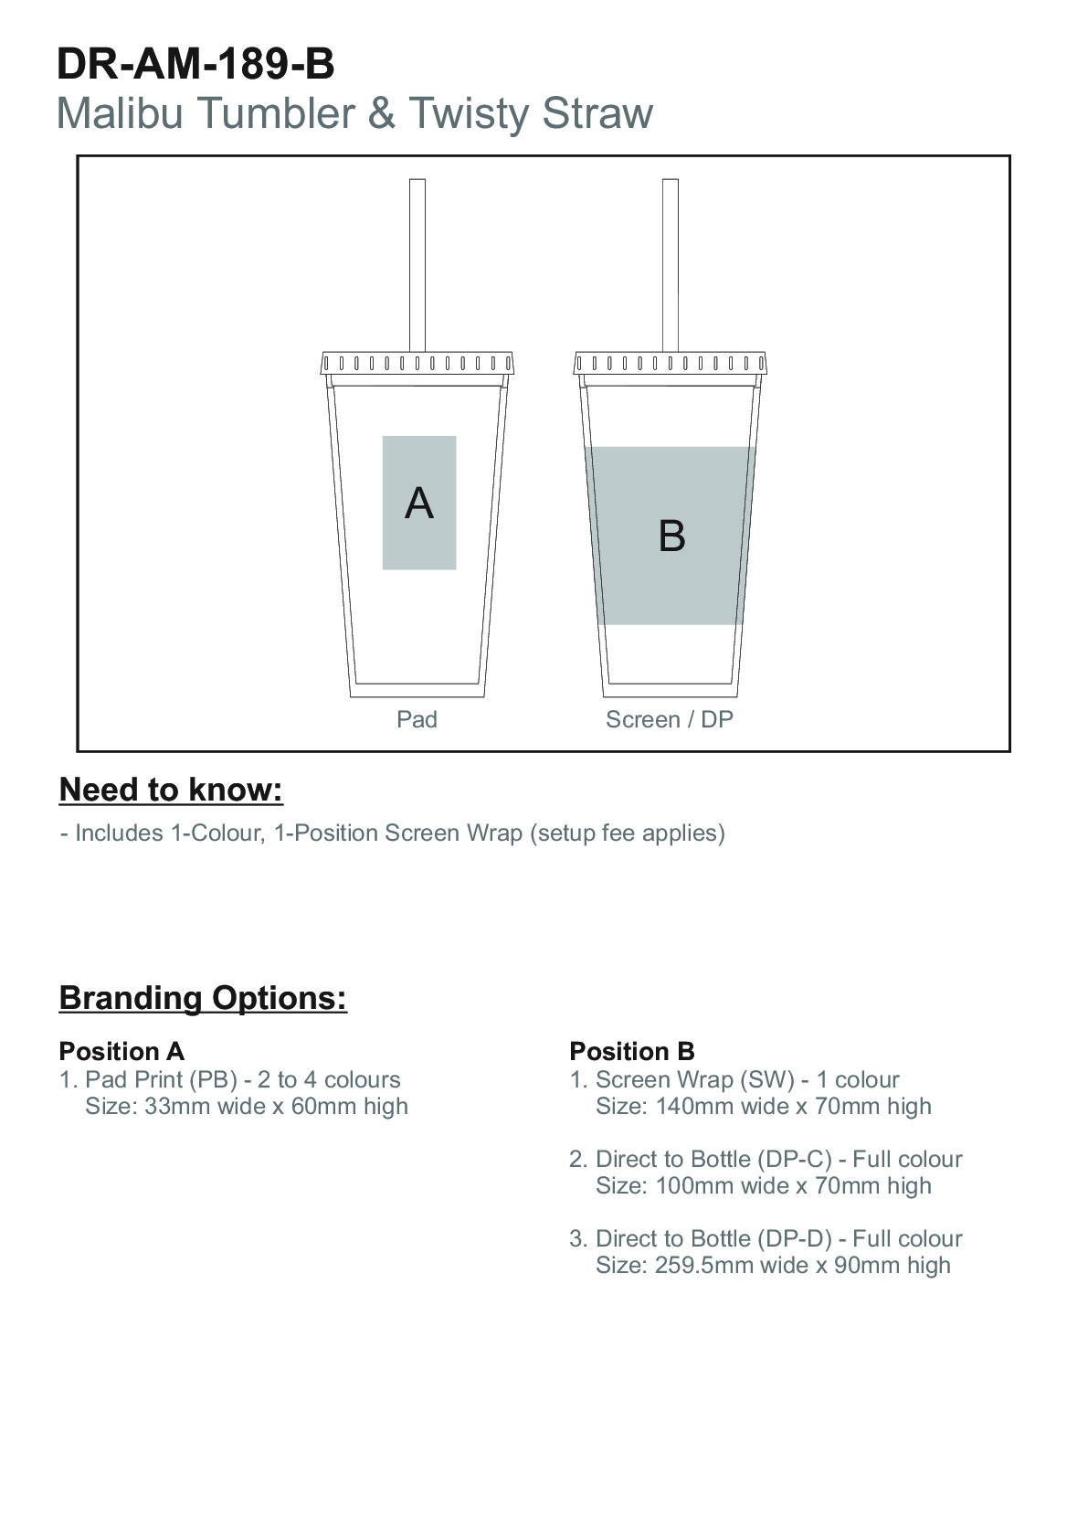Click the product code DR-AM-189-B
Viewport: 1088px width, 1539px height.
pyautogui.click(x=195, y=64)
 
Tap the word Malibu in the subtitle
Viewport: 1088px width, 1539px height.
pyautogui.click(x=121, y=112)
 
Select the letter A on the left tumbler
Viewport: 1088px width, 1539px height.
pyautogui.click(x=419, y=503)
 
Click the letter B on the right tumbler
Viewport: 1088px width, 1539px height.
pyautogui.click(x=671, y=536)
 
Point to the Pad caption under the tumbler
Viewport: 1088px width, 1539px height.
pyautogui.click(x=417, y=718)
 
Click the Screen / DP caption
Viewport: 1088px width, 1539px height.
pyautogui.click(x=670, y=718)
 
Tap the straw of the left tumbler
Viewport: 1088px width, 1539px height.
pyautogui.click(x=417, y=265)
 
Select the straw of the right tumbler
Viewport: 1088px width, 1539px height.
pyautogui.click(x=671, y=265)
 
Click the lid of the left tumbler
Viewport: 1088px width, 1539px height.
pyautogui.click(x=417, y=364)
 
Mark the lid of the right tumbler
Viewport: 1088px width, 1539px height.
pyautogui.click(x=671, y=364)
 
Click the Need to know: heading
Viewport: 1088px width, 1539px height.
pyautogui.click(x=171, y=790)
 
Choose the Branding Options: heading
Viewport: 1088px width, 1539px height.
pyautogui.click(x=204, y=998)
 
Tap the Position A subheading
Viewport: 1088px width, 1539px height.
pyautogui.click(x=121, y=1051)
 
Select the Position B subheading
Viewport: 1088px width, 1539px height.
pyautogui.click(x=632, y=1051)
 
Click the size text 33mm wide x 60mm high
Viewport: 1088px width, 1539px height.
pyautogui.click(x=276, y=1106)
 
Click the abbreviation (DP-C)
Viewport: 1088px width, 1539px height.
pyautogui.click(x=795, y=1159)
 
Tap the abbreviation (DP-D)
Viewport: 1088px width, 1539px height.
pyautogui.click(x=795, y=1238)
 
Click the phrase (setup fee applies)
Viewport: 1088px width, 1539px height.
pyautogui.click(x=627, y=833)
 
